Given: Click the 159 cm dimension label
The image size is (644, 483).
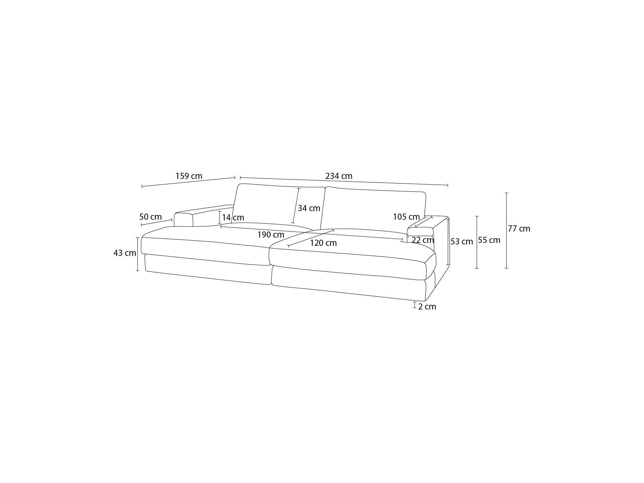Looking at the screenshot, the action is coord(189,176).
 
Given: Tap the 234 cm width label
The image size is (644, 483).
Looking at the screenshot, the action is coord(339,176).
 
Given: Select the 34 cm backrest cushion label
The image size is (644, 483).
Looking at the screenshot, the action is coord(309,208).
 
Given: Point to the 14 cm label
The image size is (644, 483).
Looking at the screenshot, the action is coord(233,218).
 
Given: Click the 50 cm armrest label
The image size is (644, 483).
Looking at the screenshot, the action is coord(150,217).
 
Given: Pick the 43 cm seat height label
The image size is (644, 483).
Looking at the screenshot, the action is coord(125,253).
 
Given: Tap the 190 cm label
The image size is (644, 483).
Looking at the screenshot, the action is coord(271,235).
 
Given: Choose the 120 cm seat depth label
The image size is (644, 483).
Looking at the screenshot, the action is coord(323,243).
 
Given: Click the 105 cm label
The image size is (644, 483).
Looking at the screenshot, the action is coord(406,217).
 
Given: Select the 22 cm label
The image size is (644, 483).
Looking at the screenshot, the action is coord(423,240).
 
